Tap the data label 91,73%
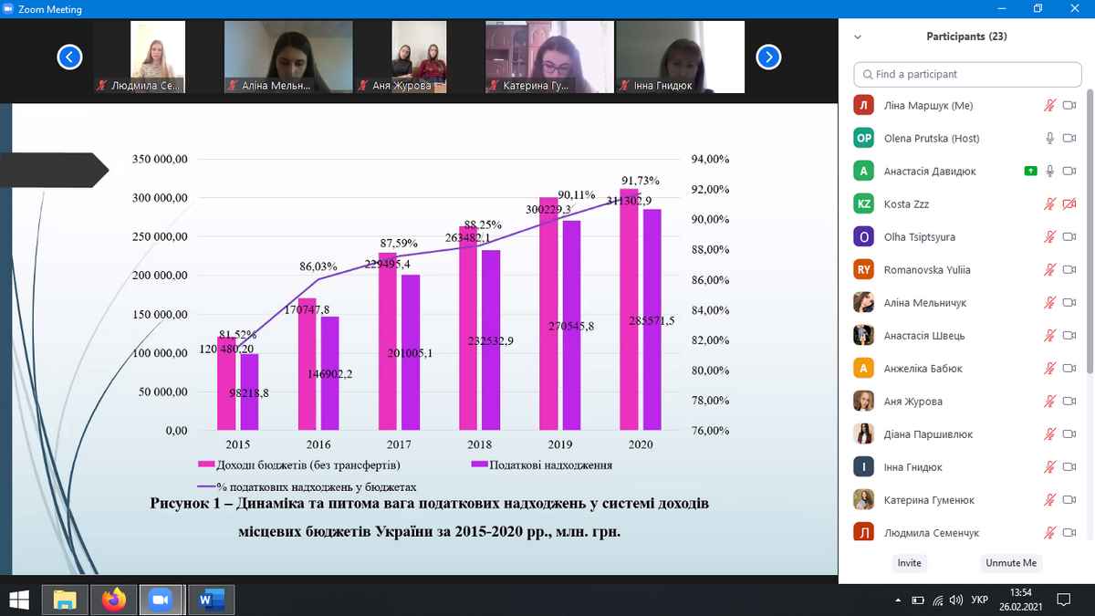pyautogui.click(x=640, y=181)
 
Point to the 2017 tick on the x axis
pyautogui.click(x=399, y=444)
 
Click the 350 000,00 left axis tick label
pyautogui.click(x=160, y=159)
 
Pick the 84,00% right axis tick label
pyautogui.click(x=711, y=310)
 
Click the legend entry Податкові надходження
pyautogui.click(x=550, y=465)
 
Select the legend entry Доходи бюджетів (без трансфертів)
pyautogui.click(x=302, y=465)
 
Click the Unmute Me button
pyautogui.click(x=1010, y=563)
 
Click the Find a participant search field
pyautogui.click(x=967, y=74)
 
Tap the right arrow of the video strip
pyautogui.click(x=769, y=57)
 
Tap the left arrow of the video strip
pyautogui.click(x=69, y=57)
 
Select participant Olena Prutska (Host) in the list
pyautogui.click(x=931, y=139)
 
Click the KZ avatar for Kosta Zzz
pyautogui.click(x=863, y=204)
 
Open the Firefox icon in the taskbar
pyautogui.click(x=113, y=600)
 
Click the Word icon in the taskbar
pyautogui.click(x=210, y=600)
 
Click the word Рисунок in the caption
pyautogui.click(x=182, y=504)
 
